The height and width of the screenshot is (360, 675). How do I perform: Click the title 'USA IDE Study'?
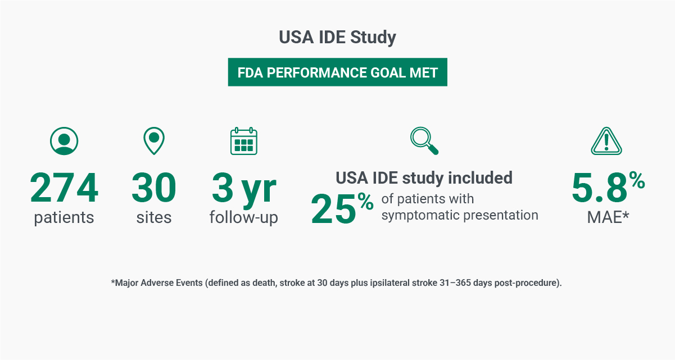[x=337, y=37]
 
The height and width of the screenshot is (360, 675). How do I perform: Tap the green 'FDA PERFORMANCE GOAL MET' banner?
[x=337, y=72]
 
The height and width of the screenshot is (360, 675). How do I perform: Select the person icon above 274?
[x=64, y=141]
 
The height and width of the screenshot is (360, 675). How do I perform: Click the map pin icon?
[x=153, y=141]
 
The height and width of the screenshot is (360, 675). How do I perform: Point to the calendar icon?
[x=244, y=141]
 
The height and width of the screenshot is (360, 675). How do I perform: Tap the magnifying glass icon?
[x=424, y=141]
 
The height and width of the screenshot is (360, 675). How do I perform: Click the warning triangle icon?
[x=606, y=142]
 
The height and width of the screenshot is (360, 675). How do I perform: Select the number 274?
[x=64, y=188]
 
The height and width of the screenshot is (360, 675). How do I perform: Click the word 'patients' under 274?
[x=64, y=217]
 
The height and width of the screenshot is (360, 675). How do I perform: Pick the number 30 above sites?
[x=153, y=188]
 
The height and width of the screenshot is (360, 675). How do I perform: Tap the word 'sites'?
[x=153, y=217]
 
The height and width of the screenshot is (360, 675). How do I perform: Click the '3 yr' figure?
[x=244, y=190]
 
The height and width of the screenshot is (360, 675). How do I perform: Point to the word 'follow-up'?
[x=244, y=217]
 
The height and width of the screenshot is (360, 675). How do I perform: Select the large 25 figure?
[x=333, y=209]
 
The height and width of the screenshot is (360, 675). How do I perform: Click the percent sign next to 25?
[x=365, y=202]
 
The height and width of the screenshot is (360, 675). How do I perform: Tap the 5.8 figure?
[x=600, y=188]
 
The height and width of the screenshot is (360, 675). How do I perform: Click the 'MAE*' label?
[x=608, y=217]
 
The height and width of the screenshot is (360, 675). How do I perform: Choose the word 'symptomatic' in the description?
[x=420, y=216]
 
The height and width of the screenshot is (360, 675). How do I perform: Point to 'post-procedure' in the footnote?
[x=525, y=283]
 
